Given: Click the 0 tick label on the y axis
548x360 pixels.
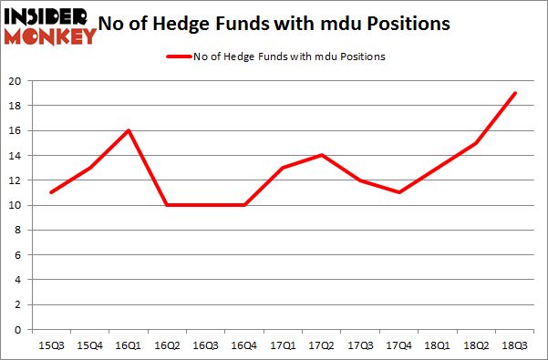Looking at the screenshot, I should [x=19, y=330].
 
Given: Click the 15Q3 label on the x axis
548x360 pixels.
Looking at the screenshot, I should [x=50, y=346].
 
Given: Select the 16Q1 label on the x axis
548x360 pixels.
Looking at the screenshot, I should [x=129, y=346].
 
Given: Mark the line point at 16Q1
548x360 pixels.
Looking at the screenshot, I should [x=129, y=130].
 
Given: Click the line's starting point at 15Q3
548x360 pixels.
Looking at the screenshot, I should [x=50, y=192].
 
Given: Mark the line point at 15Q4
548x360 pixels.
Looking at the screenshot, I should [x=89, y=168].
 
